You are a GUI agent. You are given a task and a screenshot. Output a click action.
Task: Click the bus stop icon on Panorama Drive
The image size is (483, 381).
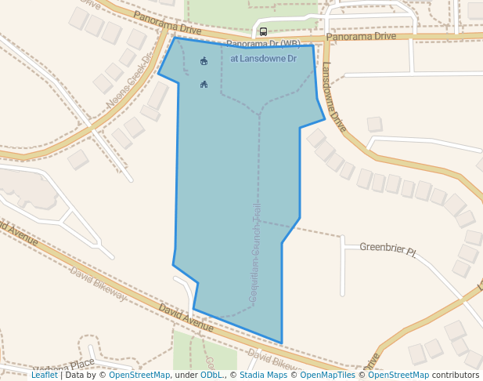263,32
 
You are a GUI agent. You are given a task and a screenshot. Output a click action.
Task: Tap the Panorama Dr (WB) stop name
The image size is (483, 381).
263,44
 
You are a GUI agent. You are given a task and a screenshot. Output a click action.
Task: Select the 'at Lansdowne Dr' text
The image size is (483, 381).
263,59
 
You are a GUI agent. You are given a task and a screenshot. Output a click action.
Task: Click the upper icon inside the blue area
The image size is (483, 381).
204,61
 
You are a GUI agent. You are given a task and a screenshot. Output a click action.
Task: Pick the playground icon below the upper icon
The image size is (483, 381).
204,84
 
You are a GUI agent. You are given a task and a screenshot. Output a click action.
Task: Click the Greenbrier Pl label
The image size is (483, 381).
388,249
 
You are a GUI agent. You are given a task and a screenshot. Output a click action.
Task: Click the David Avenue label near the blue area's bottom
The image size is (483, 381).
186,318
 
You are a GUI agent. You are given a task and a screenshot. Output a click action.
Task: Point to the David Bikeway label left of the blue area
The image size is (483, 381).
97,283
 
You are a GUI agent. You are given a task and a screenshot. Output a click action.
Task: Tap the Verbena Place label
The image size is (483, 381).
65,368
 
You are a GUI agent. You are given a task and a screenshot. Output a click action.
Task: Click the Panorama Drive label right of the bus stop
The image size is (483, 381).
361,36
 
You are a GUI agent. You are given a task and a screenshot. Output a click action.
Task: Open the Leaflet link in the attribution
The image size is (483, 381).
44,376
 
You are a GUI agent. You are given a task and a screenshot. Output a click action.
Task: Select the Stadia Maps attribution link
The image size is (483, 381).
261,376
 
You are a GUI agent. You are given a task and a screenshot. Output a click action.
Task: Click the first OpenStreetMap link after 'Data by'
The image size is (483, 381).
139,376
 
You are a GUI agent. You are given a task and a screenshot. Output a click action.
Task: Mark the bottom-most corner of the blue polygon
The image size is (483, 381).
281,343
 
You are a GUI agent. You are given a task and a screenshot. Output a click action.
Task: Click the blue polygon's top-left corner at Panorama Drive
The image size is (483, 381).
175,38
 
